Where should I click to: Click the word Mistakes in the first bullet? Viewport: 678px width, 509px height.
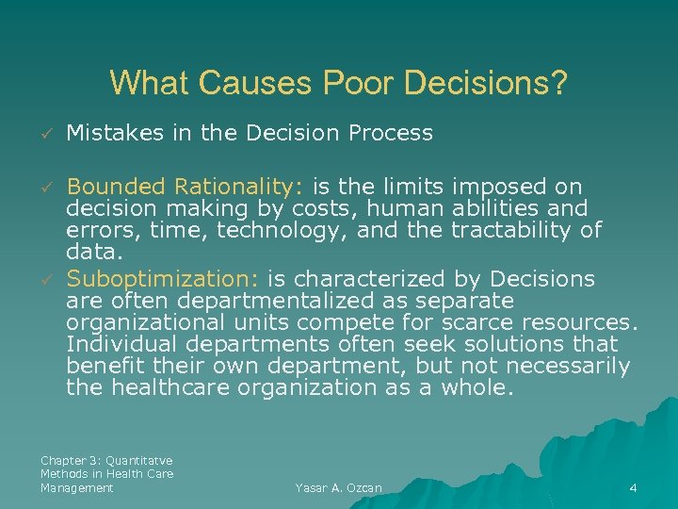pyautogui.click(x=112, y=134)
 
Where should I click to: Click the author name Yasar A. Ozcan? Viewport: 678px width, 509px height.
pyautogui.click(x=338, y=488)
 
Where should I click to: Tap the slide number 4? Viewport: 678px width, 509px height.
pyautogui.click(x=633, y=488)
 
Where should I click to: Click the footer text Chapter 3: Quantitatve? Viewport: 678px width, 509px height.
pyautogui.click(x=106, y=460)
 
